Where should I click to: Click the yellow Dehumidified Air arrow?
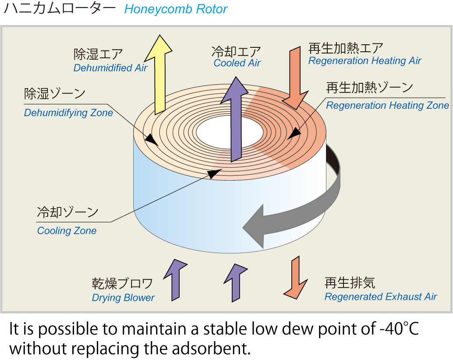pos(158,75)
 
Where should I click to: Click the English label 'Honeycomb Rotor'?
pos(176,9)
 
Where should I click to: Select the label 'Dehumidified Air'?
pos(110,68)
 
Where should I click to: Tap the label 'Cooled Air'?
pos(237,63)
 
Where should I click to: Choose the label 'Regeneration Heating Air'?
pos(365,61)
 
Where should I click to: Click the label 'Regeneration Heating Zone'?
pos(387,106)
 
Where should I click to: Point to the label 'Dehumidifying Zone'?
pos(68,113)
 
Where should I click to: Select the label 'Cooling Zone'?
pos(67,231)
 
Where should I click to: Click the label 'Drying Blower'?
pos(123,298)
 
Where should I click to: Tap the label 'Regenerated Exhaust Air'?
pos(380,297)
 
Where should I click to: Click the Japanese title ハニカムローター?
pos(60,9)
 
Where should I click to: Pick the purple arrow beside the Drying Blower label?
pos(175,279)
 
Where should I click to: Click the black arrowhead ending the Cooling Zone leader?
pos(213,174)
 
